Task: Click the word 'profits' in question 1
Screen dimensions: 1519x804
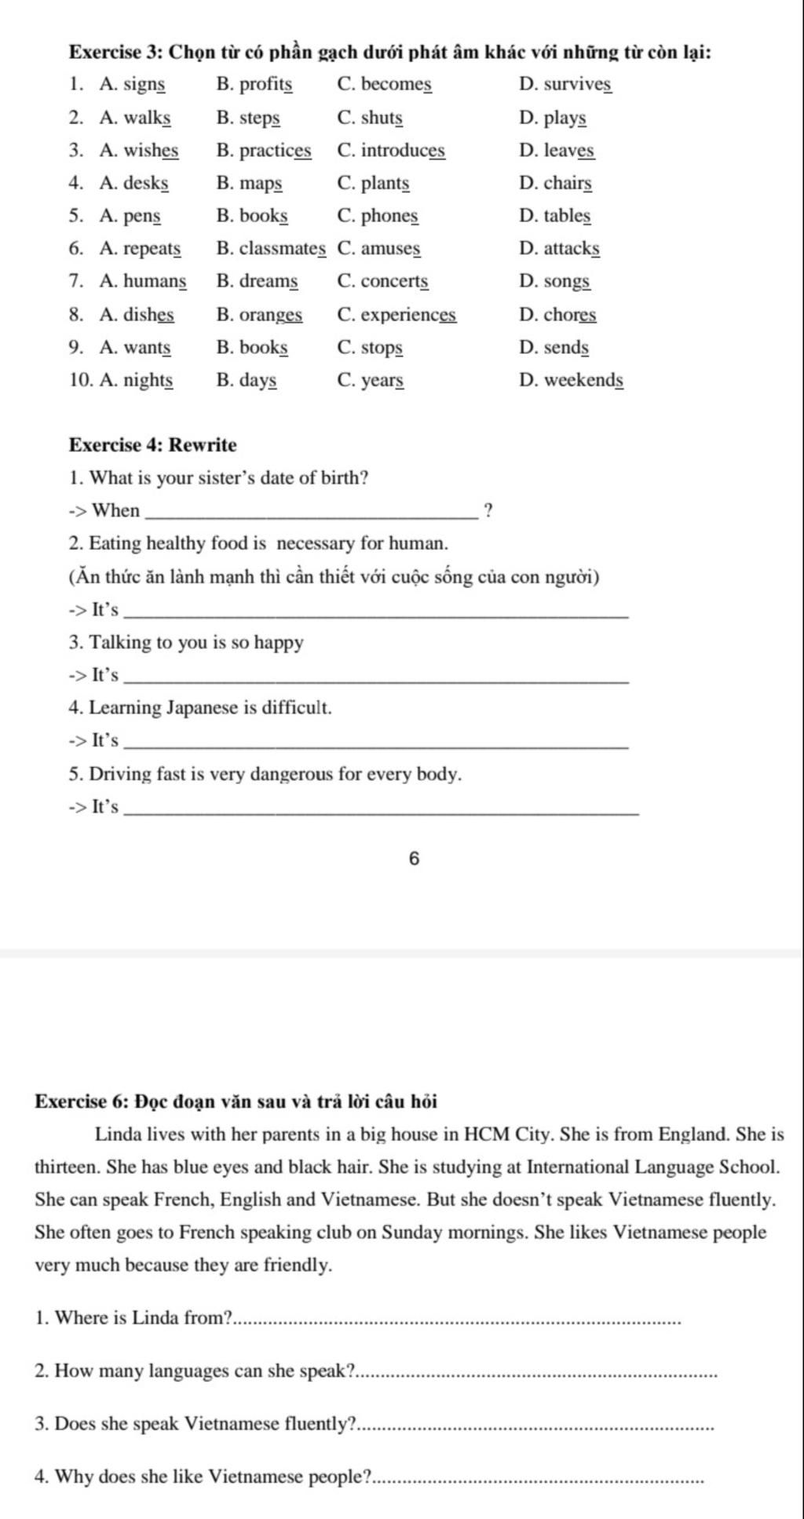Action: (266, 84)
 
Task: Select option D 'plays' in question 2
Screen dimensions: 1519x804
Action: (565, 118)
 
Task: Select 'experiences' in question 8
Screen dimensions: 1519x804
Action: (408, 315)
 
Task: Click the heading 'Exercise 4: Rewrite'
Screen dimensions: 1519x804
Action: (153, 445)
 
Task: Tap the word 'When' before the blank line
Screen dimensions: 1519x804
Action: (116, 511)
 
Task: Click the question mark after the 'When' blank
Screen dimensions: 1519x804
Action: (488, 511)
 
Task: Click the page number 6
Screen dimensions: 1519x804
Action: (415, 860)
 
